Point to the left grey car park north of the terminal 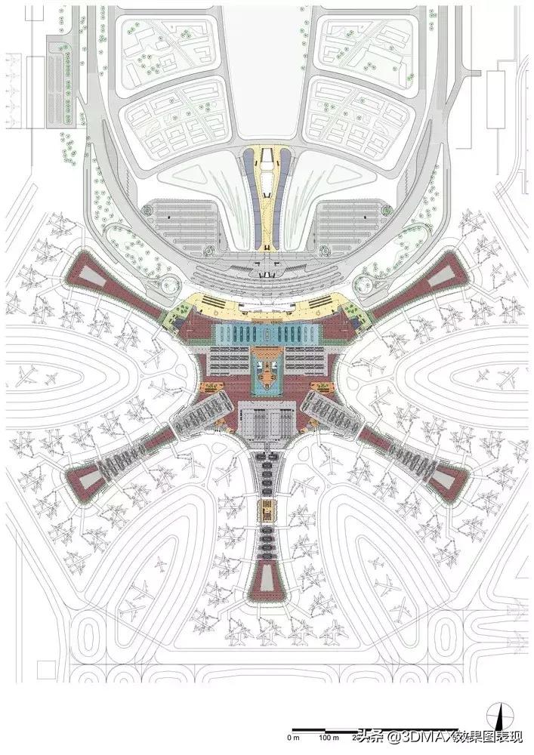point(181,223)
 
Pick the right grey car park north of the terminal point(351,223)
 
